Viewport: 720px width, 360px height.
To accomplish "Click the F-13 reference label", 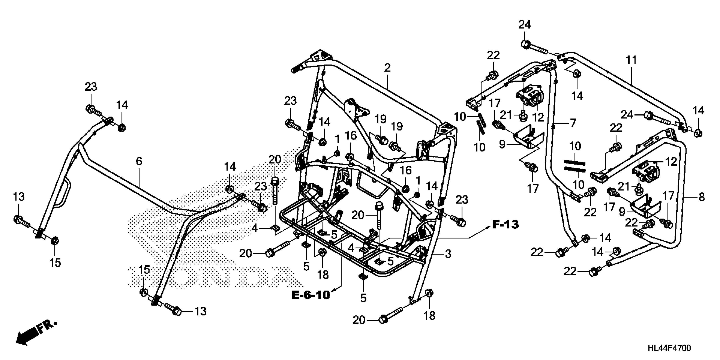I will coord(505,224).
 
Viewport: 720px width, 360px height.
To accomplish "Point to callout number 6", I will coord(139,161).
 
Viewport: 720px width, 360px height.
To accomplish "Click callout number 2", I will coord(387,68).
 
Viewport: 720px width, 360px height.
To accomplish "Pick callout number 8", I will coord(701,197).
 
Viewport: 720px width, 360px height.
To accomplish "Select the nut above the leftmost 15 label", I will coord(55,240).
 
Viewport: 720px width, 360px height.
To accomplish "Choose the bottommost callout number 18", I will coord(430,316).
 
